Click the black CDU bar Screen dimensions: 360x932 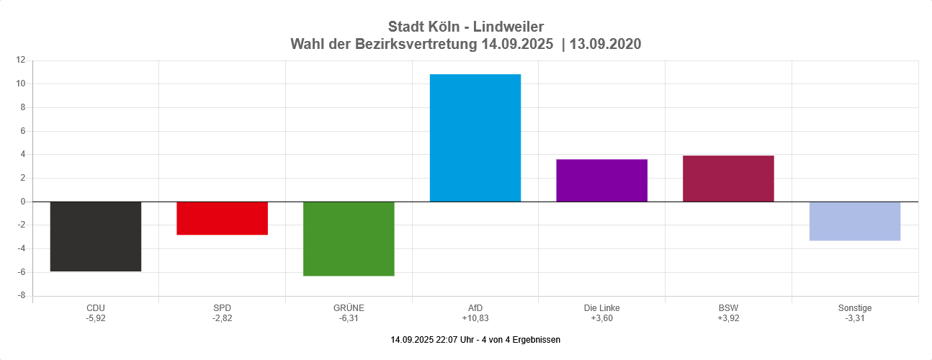click(95, 236)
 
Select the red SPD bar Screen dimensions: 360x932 click(222, 218)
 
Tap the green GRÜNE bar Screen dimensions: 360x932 click(349, 238)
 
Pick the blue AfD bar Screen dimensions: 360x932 click(475, 138)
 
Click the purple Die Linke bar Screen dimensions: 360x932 click(601, 180)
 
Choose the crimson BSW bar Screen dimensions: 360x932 click(728, 179)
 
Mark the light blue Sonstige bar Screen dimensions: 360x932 click(854, 221)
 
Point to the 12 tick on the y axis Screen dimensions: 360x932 click(21, 60)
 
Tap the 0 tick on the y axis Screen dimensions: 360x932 click(23, 202)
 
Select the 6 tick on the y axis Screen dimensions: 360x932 click(23, 131)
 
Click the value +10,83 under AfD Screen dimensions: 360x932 click(475, 318)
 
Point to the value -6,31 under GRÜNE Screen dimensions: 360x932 click(349, 318)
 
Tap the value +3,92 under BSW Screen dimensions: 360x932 click(728, 318)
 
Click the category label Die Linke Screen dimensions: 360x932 click(601, 308)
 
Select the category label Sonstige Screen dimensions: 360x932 click(854, 308)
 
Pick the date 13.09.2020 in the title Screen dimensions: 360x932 click(605, 45)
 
